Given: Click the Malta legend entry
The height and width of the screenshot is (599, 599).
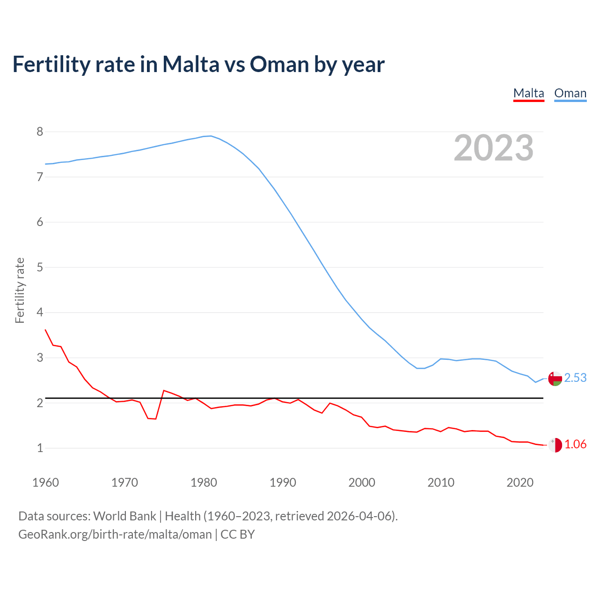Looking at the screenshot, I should [528, 93].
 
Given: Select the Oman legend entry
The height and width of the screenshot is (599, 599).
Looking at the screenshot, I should [570, 93].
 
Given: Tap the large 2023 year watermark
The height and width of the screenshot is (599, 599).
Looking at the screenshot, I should [493, 148].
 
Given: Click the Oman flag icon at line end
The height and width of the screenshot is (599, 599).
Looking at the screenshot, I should [555, 378].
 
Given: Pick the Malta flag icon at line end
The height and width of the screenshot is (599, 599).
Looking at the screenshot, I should [555, 445].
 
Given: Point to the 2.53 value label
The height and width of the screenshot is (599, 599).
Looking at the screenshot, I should [575, 378].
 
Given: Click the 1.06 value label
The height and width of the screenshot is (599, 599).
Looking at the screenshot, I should [575, 445].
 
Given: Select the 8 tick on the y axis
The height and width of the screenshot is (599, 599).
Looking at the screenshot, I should [40, 132].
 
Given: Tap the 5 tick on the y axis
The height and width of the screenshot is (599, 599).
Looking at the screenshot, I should [40, 267].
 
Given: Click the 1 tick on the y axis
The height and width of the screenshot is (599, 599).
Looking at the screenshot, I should [40, 448].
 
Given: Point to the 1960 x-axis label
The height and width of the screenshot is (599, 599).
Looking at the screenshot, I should [45, 482].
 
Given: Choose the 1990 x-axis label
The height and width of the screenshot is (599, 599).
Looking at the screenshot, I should [283, 482].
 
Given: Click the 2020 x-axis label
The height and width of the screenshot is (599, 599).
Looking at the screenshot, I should [520, 482].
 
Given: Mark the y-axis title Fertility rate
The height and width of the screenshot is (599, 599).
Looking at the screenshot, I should [20, 290].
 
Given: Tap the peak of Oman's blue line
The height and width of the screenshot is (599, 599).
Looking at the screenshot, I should [211, 136].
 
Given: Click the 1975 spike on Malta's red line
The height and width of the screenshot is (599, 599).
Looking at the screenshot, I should [164, 390].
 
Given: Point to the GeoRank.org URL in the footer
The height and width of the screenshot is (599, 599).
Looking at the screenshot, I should [115, 534].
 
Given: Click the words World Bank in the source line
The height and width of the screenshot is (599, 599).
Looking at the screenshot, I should [124, 516].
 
